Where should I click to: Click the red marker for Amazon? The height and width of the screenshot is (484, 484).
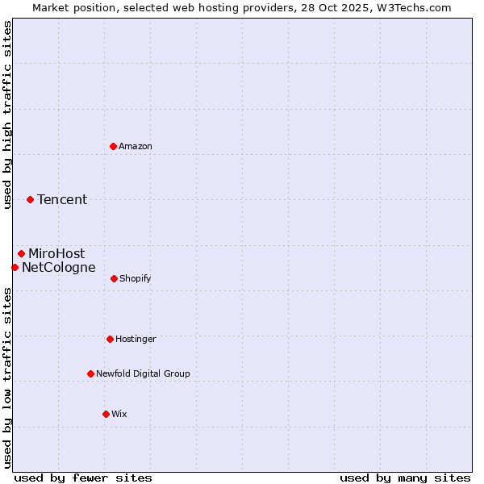coord(113,146)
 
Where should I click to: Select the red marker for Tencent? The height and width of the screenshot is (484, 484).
coord(30,199)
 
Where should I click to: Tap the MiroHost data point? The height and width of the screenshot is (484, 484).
coord(21,253)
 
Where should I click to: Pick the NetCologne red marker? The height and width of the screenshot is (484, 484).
coord(15,267)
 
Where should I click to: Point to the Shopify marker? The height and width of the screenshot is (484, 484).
coord(114,278)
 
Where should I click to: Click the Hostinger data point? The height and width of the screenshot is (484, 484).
coord(110,339)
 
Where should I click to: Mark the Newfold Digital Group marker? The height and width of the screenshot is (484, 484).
coord(90,373)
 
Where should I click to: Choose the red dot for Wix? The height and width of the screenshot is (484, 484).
coord(106,414)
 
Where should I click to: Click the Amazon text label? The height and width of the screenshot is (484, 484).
coord(136,146)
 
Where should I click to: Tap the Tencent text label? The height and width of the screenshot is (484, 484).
coord(62,199)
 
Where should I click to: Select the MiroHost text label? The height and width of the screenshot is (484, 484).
coord(56,253)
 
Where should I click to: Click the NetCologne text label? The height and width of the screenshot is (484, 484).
coord(59,267)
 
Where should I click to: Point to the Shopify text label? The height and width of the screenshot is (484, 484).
coord(136,278)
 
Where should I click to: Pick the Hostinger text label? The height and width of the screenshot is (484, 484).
coord(136,339)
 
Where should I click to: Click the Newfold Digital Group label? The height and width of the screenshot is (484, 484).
coord(143,373)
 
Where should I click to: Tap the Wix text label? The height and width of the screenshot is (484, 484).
coord(119,414)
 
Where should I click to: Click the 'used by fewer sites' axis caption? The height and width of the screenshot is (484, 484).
coord(83,478)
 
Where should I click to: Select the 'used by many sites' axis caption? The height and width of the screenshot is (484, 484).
coord(405,478)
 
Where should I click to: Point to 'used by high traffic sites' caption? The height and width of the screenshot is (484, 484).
coord(7,115)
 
